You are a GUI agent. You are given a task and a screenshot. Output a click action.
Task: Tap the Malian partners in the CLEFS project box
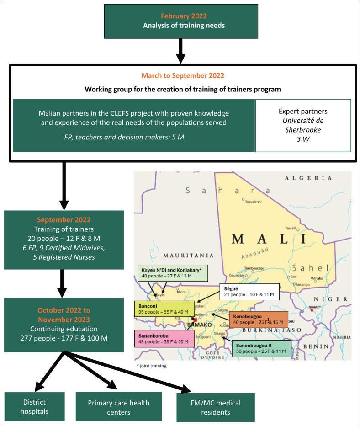click(134, 125)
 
